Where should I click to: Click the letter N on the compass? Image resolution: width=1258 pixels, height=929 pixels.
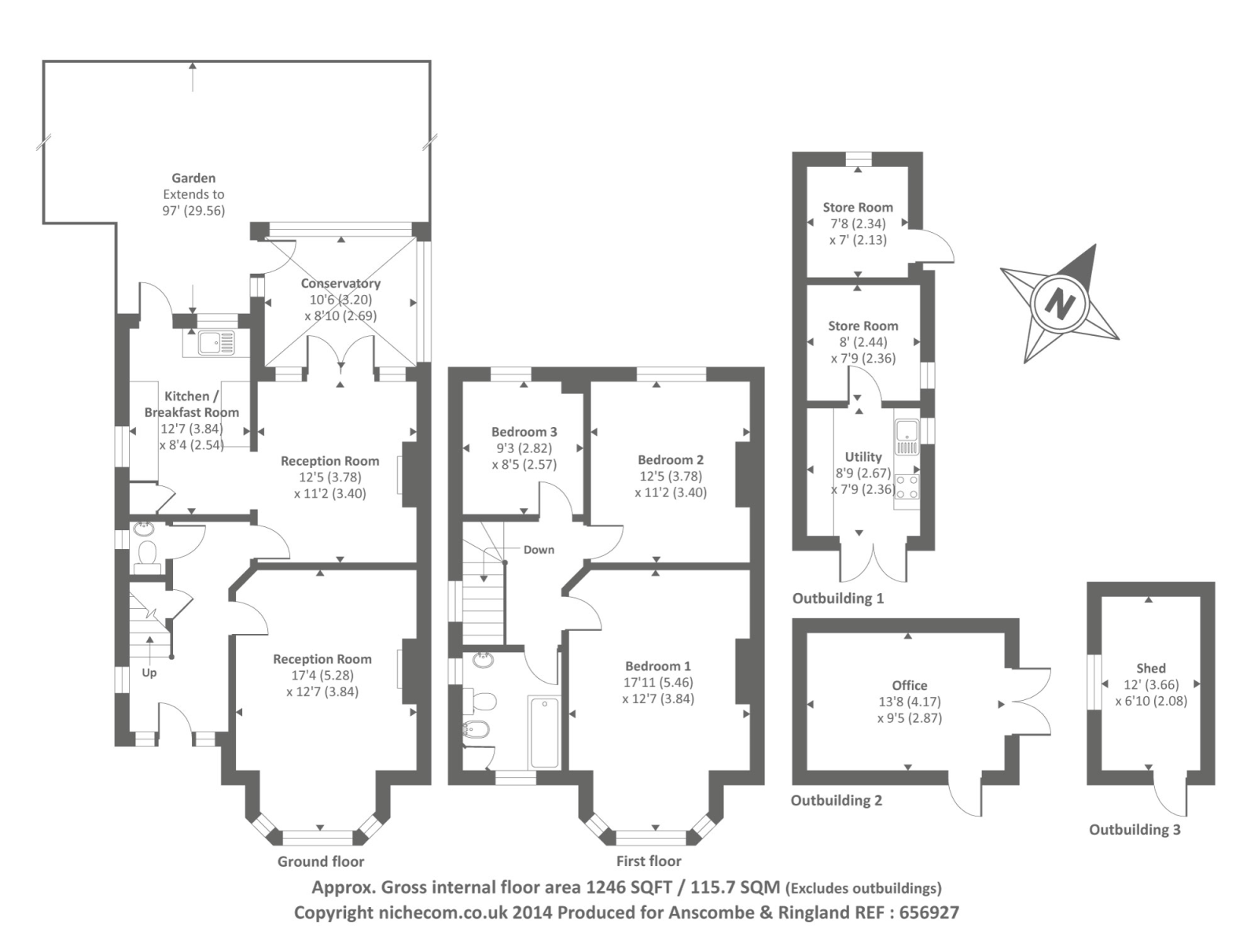[x=1060, y=303]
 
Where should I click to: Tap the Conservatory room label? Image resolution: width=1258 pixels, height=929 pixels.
[x=340, y=283]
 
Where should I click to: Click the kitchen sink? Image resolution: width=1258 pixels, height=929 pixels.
[x=215, y=343]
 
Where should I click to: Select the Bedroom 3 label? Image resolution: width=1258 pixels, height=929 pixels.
[x=524, y=432]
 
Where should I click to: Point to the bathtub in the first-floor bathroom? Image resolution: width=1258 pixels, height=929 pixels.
[x=544, y=732]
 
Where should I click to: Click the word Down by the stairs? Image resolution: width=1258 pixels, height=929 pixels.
[x=539, y=550]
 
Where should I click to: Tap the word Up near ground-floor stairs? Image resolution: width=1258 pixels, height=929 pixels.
[x=149, y=673]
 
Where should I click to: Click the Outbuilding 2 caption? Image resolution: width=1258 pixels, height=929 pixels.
[x=836, y=801]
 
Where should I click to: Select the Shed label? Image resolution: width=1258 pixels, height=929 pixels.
[x=1150, y=668]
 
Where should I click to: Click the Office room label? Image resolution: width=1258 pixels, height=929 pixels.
[x=909, y=685]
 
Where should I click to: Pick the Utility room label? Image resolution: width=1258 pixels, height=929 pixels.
[x=863, y=457]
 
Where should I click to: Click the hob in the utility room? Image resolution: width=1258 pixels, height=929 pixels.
[x=907, y=486]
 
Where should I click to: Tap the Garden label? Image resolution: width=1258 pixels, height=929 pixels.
[x=193, y=179]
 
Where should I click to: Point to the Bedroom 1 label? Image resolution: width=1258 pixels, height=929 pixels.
[x=657, y=666]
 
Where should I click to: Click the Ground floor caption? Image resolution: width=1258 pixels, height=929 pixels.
[x=321, y=861]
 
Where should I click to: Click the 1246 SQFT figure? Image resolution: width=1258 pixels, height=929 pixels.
[x=629, y=887]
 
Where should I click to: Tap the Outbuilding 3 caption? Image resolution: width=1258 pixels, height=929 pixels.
[x=1134, y=830]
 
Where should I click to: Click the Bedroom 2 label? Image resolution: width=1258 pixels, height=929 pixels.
[x=670, y=460]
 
